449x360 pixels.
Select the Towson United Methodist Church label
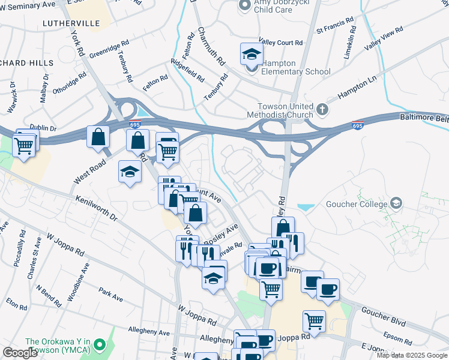tap(280, 110)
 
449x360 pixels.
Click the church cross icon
tap(323, 109)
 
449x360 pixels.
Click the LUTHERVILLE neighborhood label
tap(71, 23)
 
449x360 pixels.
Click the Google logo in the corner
tap(20, 353)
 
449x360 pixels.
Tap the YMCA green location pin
tap(101, 345)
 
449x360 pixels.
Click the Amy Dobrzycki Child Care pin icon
tap(244, 5)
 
